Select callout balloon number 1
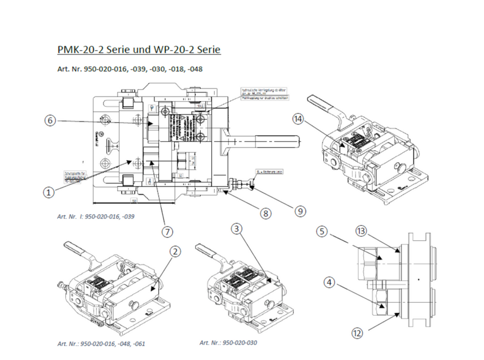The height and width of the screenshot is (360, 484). click(x=48, y=192)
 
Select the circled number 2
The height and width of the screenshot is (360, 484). click(x=176, y=251)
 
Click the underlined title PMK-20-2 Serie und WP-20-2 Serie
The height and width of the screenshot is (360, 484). click(x=139, y=50)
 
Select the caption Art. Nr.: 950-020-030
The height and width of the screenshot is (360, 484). click(x=228, y=342)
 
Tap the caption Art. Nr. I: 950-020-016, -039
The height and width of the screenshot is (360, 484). click(x=96, y=217)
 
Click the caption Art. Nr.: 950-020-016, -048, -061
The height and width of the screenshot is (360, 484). click(x=101, y=343)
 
